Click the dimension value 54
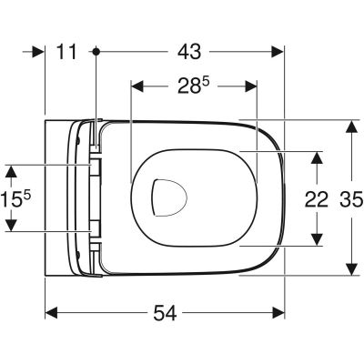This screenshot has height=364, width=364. click(x=165, y=312)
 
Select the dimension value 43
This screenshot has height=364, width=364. click(x=192, y=53)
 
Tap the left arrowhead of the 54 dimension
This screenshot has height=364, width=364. click(x=52, y=312)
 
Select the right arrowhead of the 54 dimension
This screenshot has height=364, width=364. click(x=280, y=312)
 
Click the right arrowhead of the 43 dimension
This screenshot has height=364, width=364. click(x=280, y=53)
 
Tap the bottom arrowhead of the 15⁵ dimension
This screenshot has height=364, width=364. click(x=10, y=227)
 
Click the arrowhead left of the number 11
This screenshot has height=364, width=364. click(x=39, y=53)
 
